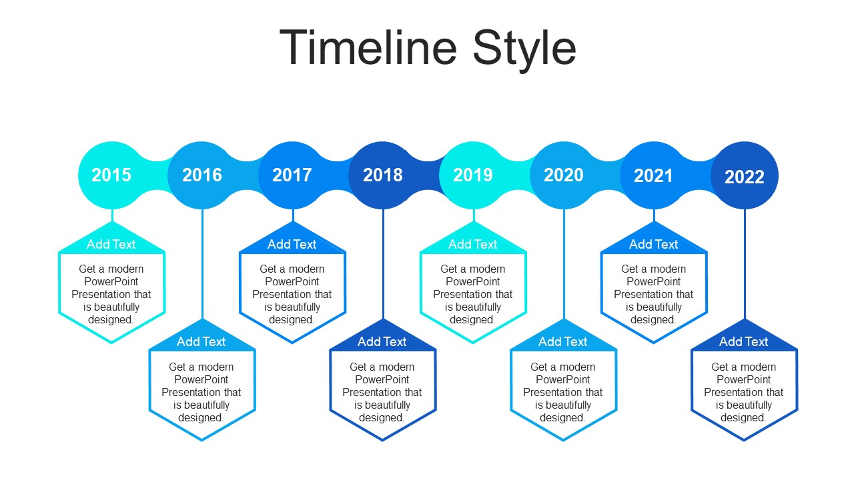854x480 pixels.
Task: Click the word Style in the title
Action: [x=524, y=51]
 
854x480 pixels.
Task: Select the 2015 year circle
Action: [x=111, y=175]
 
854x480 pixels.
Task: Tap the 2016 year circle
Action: [x=202, y=175]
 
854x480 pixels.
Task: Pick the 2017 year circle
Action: [x=292, y=175]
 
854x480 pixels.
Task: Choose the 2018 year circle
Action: [x=383, y=175]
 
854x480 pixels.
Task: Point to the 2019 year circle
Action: [x=473, y=175]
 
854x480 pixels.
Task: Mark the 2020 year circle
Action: [x=564, y=175]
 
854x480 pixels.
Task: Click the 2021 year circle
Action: [x=654, y=175]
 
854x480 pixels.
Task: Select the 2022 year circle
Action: [x=745, y=175]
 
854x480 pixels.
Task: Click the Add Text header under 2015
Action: [x=111, y=244]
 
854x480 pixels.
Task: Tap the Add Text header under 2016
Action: [x=201, y=342]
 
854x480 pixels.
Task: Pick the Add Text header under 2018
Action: [x=382, y=342]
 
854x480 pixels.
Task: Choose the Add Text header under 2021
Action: [x=653, y=244]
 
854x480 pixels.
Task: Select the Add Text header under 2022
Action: [x=743, y=342]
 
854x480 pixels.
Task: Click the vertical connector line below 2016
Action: [x=202, y=264]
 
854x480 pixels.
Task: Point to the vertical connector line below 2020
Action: [x=564, y=264]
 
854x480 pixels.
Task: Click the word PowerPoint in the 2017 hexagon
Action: [x=292, y=281]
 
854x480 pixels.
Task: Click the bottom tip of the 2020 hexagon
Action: [x=564, y=441]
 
